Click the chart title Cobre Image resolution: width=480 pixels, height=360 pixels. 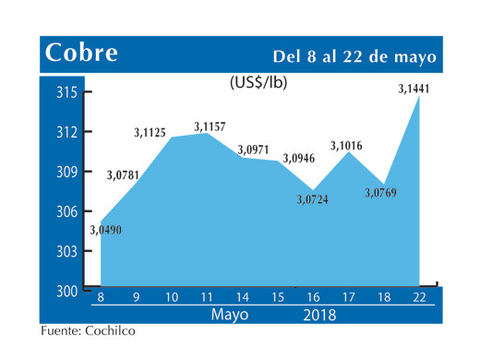(x=81, y=54)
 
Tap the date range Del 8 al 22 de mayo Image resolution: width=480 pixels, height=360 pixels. (x=354, y=55)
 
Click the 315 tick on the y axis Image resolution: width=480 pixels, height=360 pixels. (x=66, y=92)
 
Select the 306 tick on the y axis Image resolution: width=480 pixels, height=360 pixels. (x=66, y=211)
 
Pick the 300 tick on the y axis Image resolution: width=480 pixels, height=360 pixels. (x=66, y=291)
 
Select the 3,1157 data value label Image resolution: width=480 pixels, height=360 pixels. (x=211, y=124)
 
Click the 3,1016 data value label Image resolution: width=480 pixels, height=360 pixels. (x=349, y=145)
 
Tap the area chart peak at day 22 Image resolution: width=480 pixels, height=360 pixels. (x=420, y=97)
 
